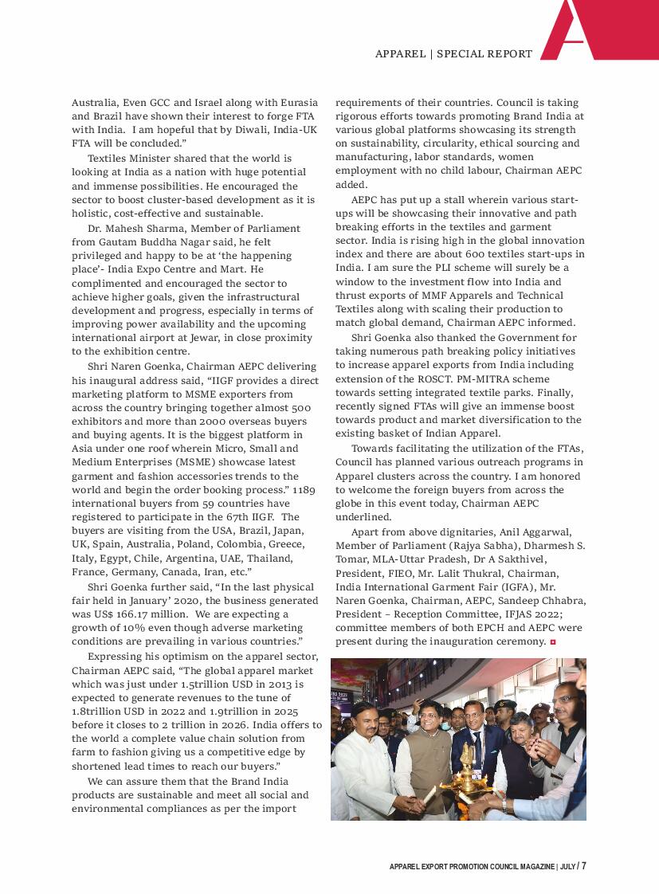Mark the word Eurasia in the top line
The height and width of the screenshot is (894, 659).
coord(296,103)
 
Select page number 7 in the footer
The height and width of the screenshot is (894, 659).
coord(584,866)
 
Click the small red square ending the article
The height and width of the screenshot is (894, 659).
coord(551,641)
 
